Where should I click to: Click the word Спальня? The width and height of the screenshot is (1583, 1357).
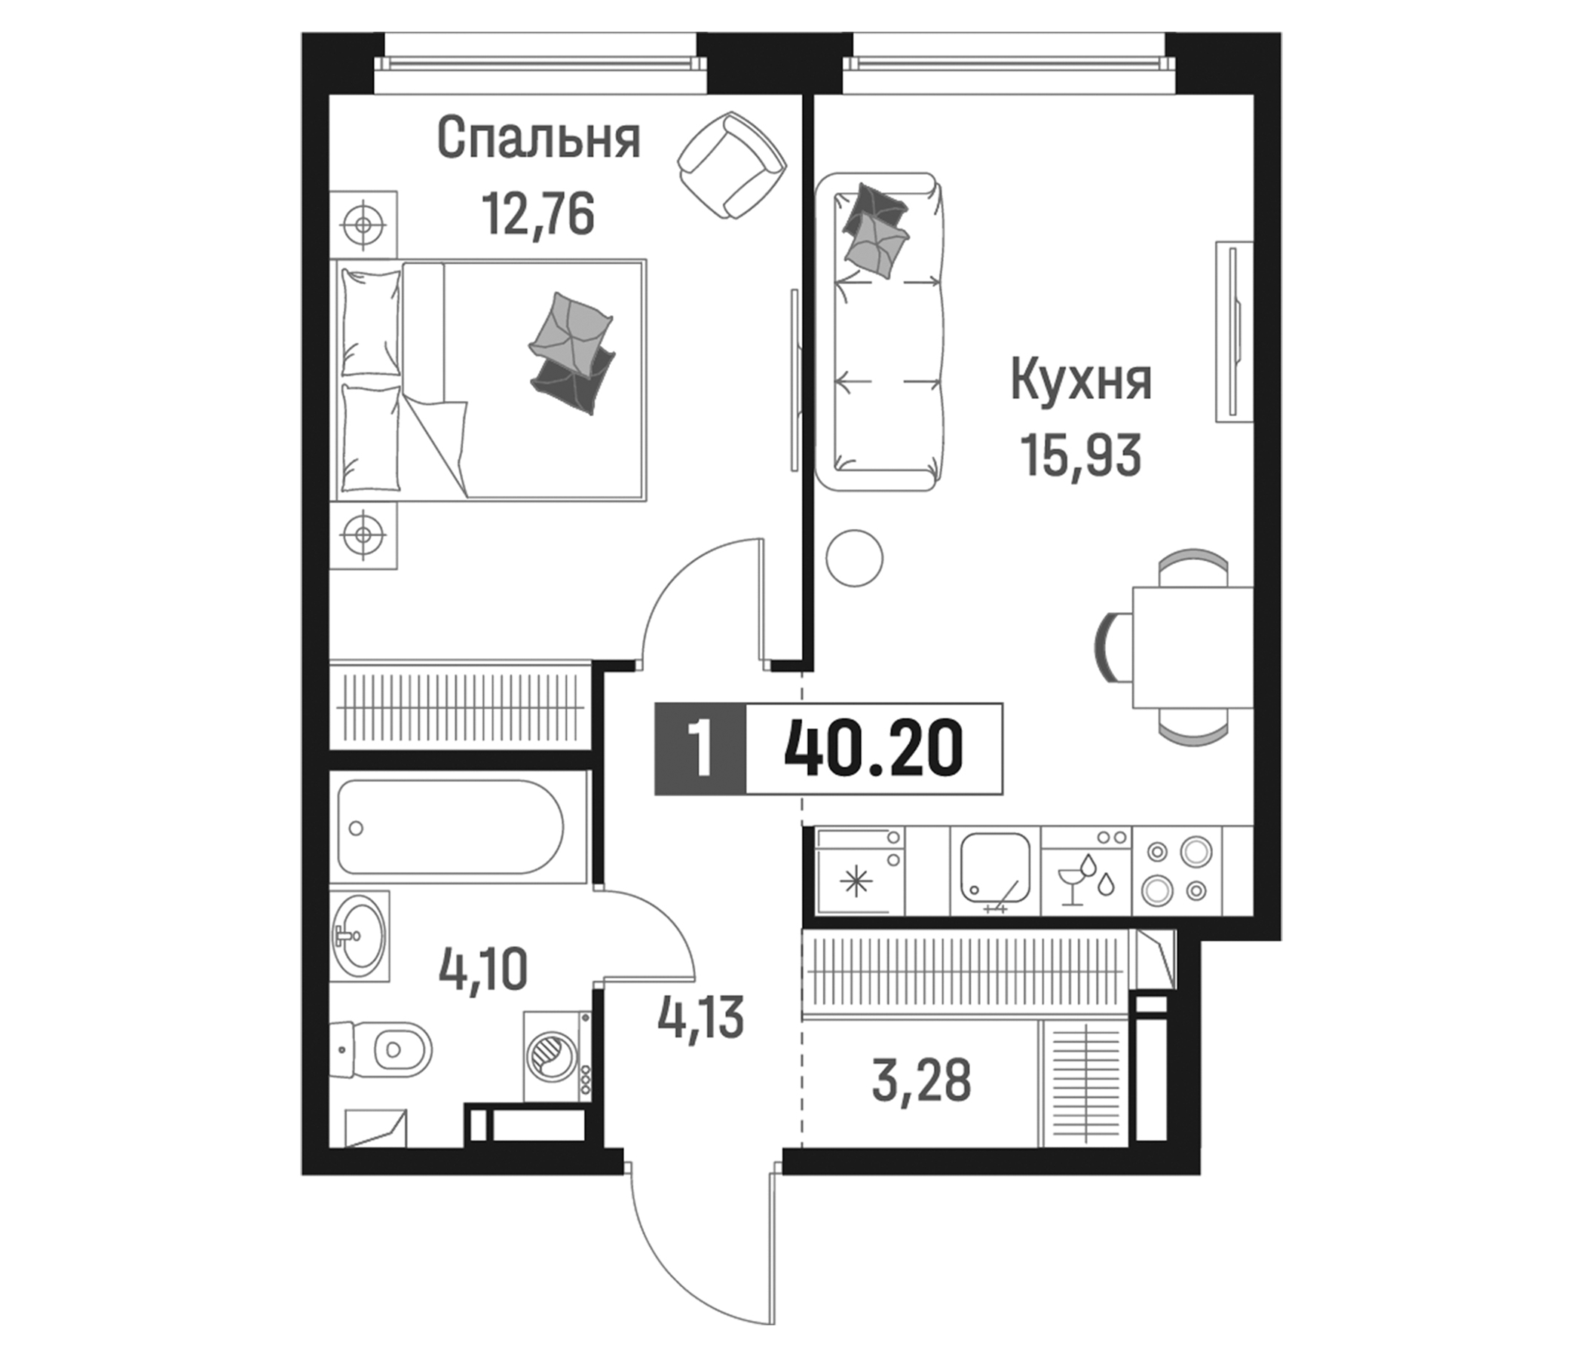pos(538,139)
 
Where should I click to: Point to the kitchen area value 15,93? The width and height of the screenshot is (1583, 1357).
pos(1080,455)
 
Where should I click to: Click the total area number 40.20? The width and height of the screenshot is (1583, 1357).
pos(873,749)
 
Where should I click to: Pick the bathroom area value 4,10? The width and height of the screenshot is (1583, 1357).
pos(483,970)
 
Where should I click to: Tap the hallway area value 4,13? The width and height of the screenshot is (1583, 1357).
pos(700,1018)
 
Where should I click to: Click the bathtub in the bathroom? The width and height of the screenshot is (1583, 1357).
pos(451,827)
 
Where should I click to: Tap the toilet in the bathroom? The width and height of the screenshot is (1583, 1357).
pos(390,1051)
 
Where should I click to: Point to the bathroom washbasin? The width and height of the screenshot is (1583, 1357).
pos(360,936)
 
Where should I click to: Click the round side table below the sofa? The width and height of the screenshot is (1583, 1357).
pos(854,558)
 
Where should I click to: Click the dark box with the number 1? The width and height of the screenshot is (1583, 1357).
pos(700,749)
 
